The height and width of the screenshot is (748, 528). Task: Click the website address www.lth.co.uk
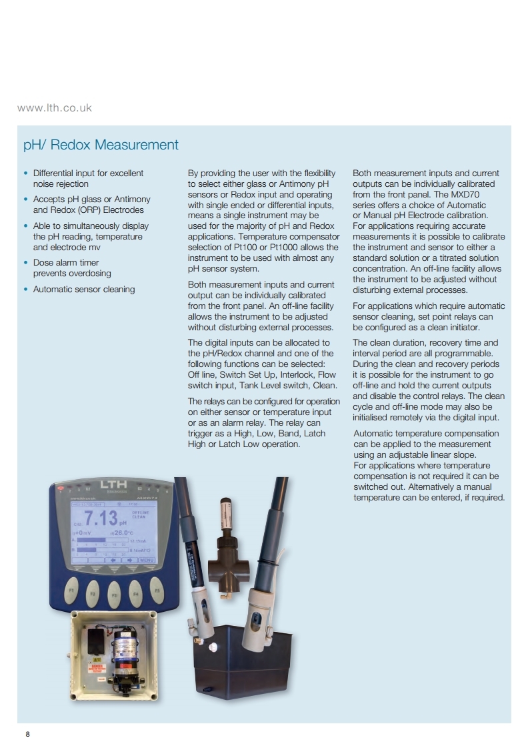click(x=55, y=107)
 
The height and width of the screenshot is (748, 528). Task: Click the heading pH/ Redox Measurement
click(x=101, y=145)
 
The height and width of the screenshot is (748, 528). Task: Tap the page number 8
click(x=27, y=735)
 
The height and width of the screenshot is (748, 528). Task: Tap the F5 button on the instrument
click(x=157, y=591)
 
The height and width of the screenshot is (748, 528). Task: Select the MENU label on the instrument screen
click(x=147, y=560)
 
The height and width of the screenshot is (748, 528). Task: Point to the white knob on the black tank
click(x=213, y=647)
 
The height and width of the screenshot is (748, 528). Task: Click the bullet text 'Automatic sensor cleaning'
click(x=84, y=289)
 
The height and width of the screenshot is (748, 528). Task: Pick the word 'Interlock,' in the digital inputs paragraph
click(x=294, y=374)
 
